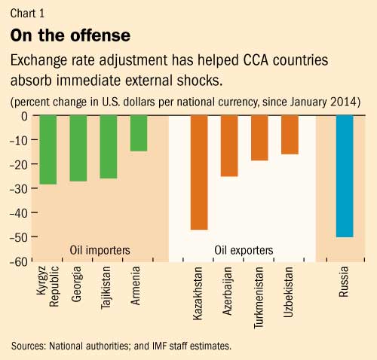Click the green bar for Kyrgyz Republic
[x=48, y=149]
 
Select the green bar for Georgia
[x=78, y=148]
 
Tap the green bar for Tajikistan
[x=109, y=147]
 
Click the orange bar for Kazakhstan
[x=199, y=172]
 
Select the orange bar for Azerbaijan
[x=229, y=146]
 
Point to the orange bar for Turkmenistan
[x=259, y=139]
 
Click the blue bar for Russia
[x=345, y=176]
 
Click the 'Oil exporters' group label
[x=239, y=249]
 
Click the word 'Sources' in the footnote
[x=30, y=346]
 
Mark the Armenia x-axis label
[x=139, y=288]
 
